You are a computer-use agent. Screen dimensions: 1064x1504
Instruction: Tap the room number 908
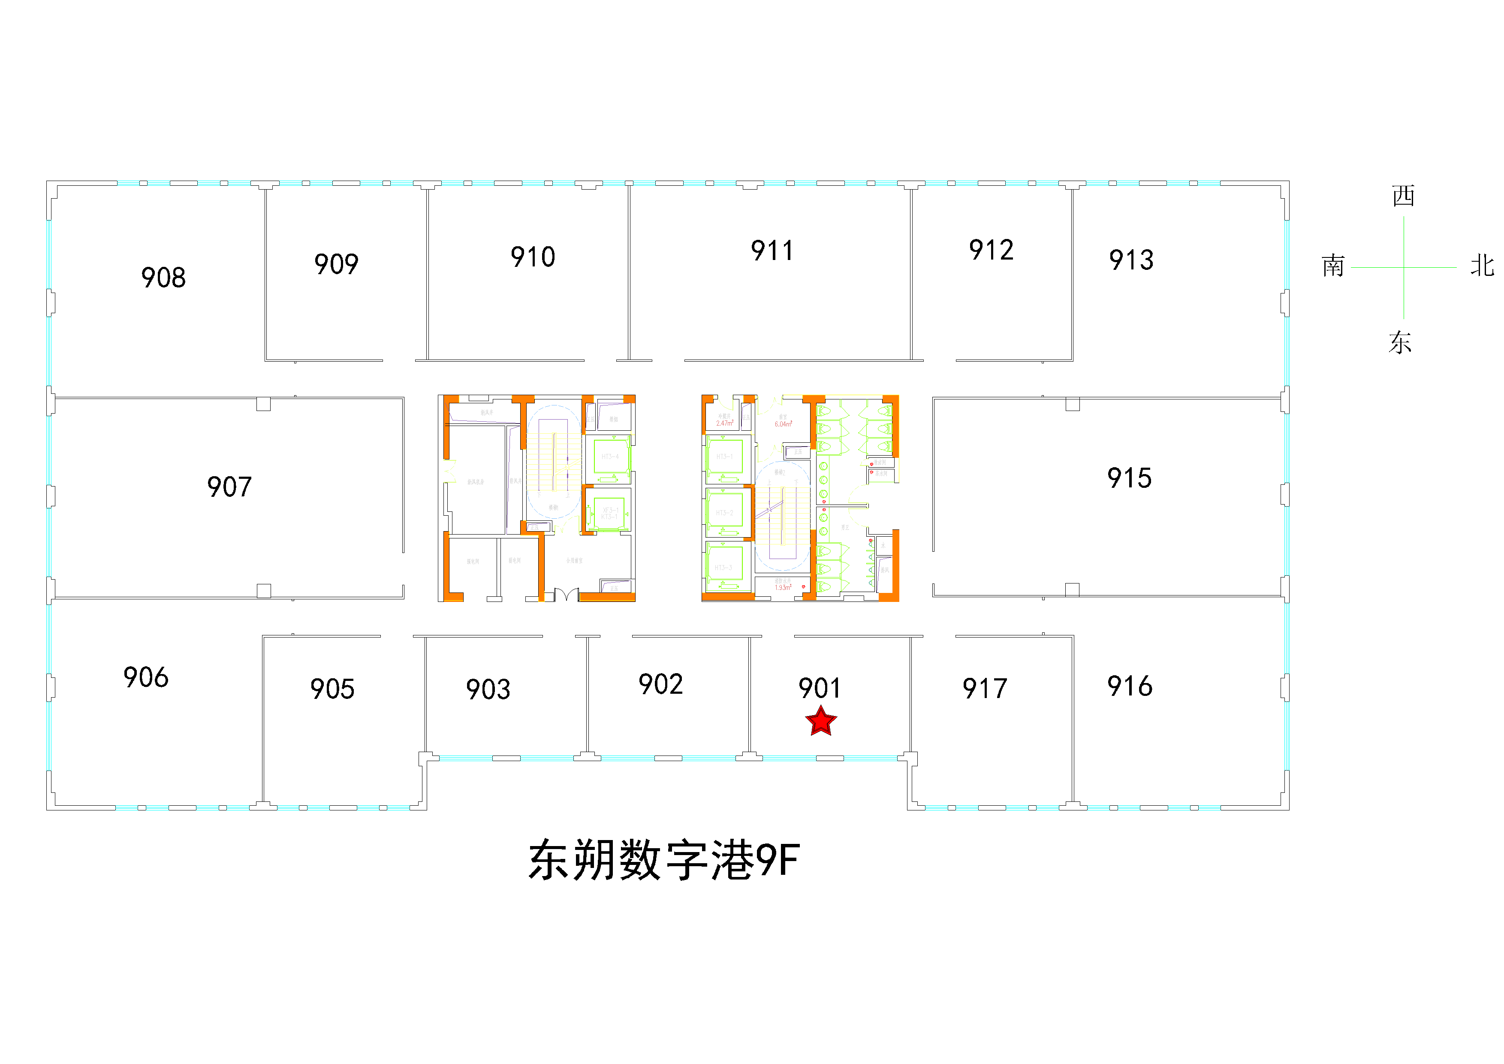(164, 278)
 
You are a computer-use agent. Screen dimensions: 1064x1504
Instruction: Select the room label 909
(337, 264)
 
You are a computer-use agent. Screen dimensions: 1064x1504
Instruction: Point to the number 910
(533, 257)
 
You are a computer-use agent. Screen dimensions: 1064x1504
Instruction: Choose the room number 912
(992, 250)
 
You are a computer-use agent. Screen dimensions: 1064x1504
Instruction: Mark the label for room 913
(1131, 260)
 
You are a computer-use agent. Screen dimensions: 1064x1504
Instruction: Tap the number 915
(1129, 478)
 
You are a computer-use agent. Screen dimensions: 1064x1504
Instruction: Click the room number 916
(1130, 686)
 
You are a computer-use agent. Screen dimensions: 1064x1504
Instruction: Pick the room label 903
(488, 689)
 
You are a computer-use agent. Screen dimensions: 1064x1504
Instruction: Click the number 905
(333, 689)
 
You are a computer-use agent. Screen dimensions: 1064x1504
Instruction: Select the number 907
(229, 487)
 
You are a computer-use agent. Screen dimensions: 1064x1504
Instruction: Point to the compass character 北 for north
(1482, 266)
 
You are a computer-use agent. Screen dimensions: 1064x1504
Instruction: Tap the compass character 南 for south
(1333, 266)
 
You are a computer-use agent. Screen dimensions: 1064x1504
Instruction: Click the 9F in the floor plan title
(778, 860)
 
